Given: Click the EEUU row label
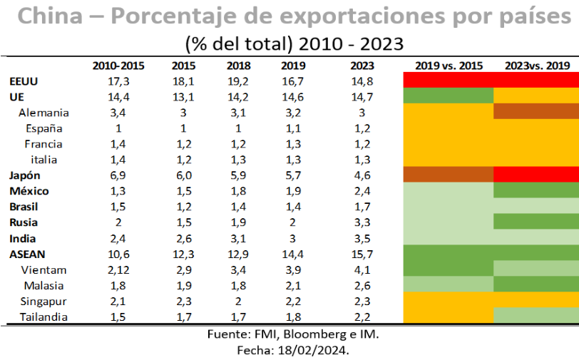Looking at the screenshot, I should pyautogui.click(x=24, y=81).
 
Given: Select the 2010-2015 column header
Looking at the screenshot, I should pyautogui.click(x=118, y=66).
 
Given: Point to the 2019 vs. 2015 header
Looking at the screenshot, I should pyautogui.click(x=449, y=66).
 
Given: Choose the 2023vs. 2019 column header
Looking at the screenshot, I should pyautogui.click(x=537, y=66).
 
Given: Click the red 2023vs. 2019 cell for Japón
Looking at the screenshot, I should pyautogui.click(x=537, y=175).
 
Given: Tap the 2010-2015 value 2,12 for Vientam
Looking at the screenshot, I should pyautogui.click(x=118, y=270).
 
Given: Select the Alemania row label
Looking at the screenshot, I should pyautogui.click(x=43, y=113).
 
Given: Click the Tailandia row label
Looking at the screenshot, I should pyautogui.click(x=44, y=317).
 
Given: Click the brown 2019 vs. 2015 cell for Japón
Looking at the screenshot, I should pyautogui.click(x=449, y=175).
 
